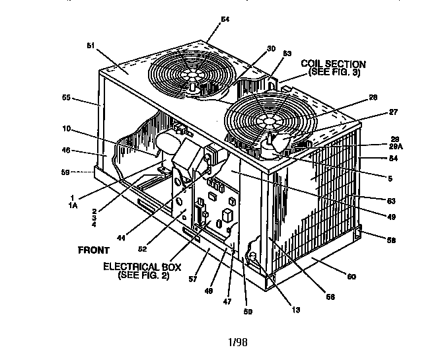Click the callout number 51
tap(91, 46)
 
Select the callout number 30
tap(234, 48)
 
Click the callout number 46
tap(66, 151)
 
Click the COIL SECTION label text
tap(333, 64)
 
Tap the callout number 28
tap(373, 98)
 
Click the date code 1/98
tap(237, 342)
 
